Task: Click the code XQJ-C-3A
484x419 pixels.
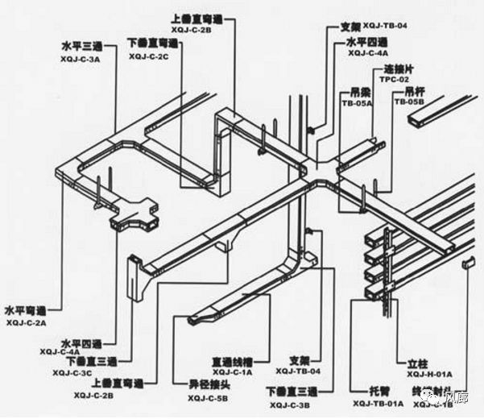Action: pos(85,60)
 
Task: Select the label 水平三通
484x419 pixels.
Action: pos(83,47)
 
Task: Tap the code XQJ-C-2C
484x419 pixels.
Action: pos(149,57)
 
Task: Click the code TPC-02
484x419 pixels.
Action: pos(395,81)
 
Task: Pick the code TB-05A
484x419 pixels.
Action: pos(355,103)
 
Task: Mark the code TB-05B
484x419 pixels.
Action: pos(408,103)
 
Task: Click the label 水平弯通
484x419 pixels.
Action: pos(26,309)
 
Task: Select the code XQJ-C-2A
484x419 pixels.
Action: pos(27,322)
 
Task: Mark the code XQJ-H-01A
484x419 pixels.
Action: pos(430,374)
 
